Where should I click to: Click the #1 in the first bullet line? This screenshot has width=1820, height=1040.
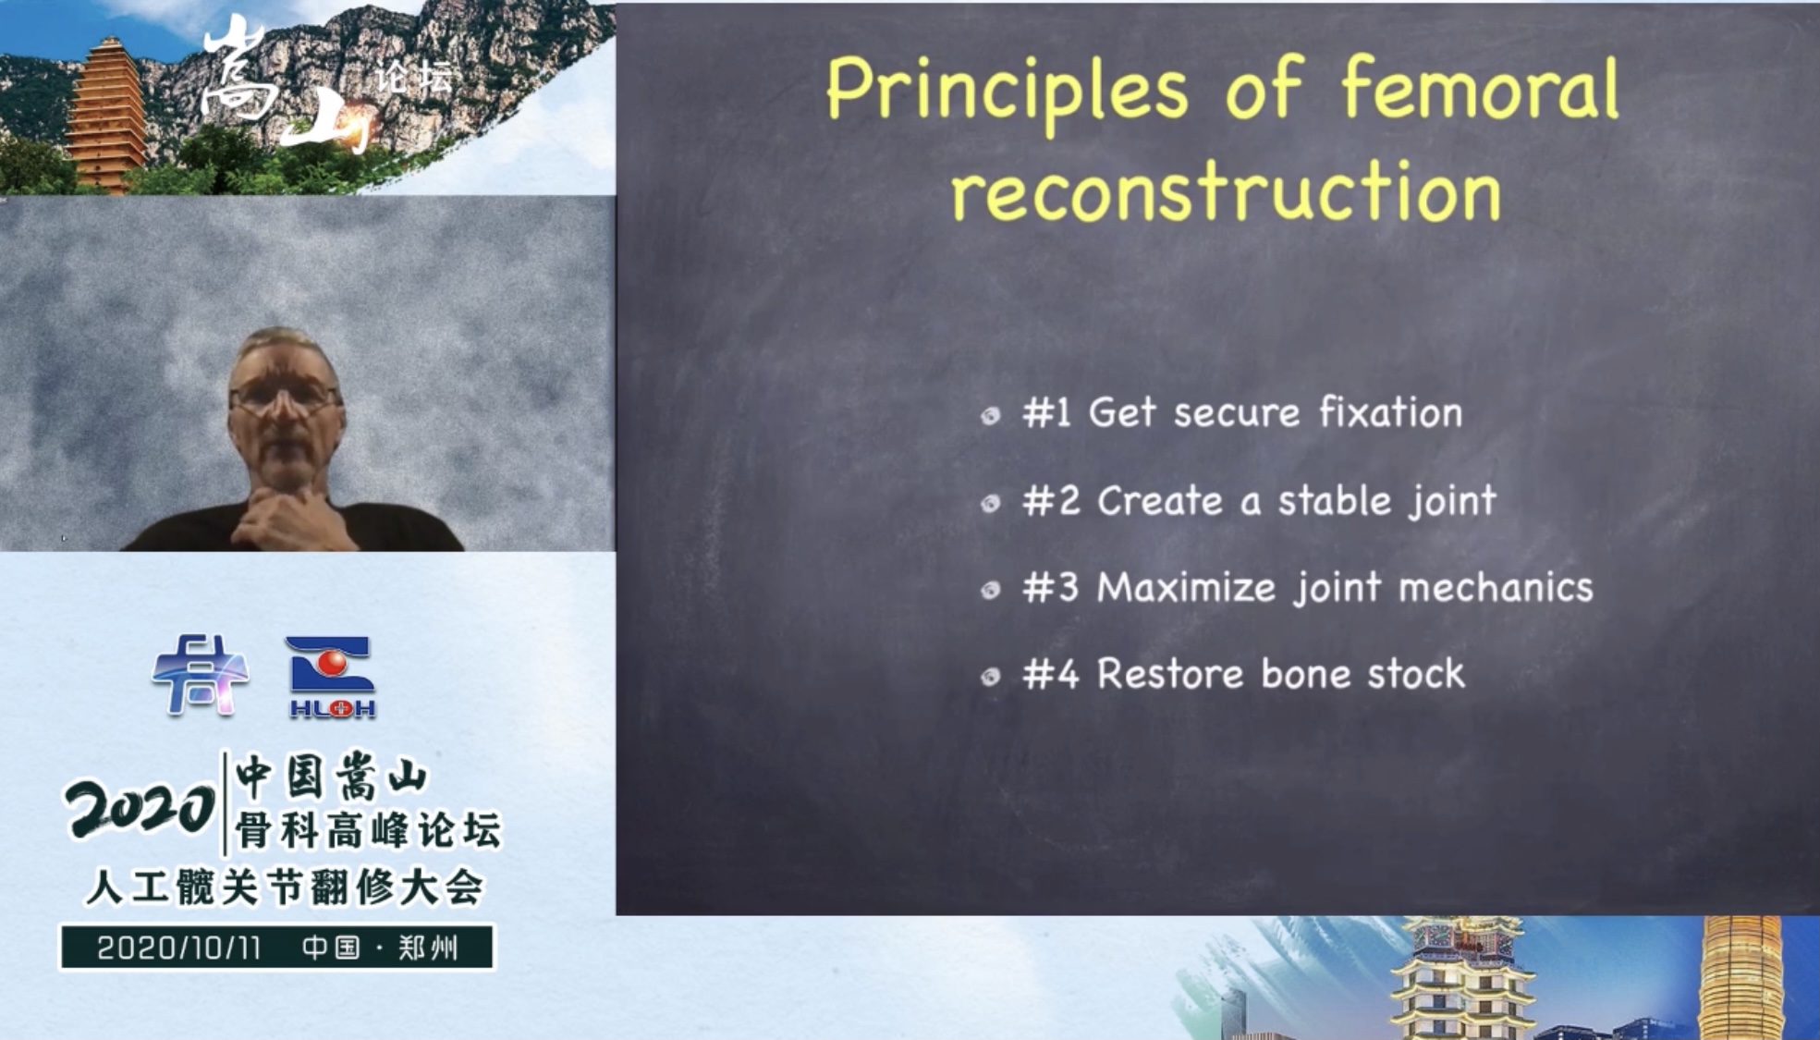pyautogui.click(x=1046, y=412)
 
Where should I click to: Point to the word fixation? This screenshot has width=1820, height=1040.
pyautogui.click(x=1390, y=411)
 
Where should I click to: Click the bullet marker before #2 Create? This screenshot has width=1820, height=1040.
pyautogui.click(x=991, y=503)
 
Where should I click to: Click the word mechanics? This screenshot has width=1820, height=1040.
pyautogui.click(x=1496, y=588)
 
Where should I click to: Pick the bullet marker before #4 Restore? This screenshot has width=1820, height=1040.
pyautogui.click(x=991, y=677)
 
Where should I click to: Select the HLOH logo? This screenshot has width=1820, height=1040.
pyautogui.click(x=332, y=678)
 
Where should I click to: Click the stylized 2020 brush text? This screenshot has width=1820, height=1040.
pyautogui.click(x=140, y=808)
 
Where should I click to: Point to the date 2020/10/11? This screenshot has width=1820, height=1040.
pyautogui.click(x=179, y=948)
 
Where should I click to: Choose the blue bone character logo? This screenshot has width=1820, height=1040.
pyautogui.click(x=200, y=675)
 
